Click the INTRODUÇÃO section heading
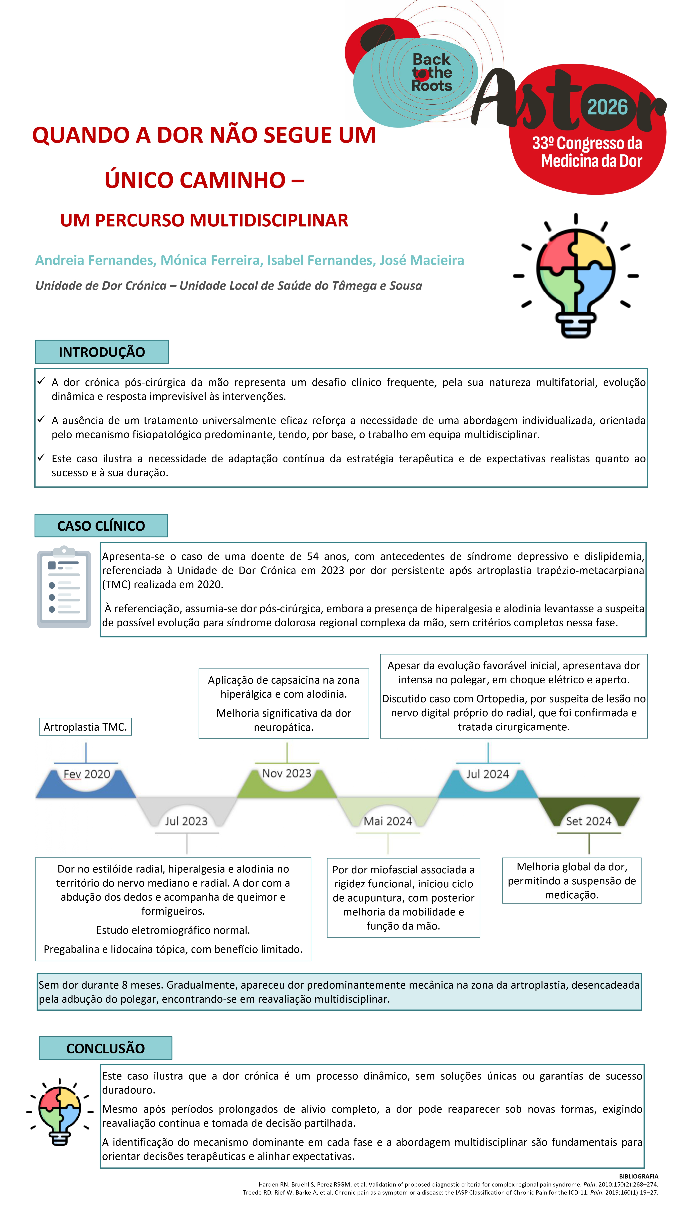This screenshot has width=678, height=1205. tap(102, 352)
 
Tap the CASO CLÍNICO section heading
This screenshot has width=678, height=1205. tap(101, 526)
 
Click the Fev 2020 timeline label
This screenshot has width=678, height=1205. tap(87, 774)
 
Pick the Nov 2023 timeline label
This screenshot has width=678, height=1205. tap(286, 773)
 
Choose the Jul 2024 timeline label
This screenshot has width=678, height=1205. tap(487, 774)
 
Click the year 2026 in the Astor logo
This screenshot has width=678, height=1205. tap(607, 108)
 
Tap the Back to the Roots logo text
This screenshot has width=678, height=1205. tap(431, 72)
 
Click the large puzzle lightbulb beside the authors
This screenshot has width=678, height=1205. tap(576, 276)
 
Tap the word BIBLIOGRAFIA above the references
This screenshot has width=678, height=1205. tap(638, 1176)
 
